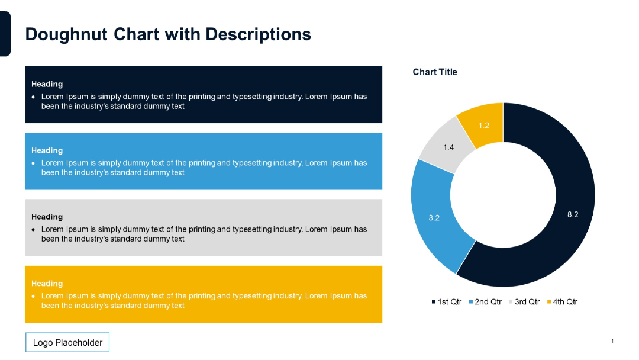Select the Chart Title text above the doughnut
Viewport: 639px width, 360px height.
pyautogui.click(x=435, y=72)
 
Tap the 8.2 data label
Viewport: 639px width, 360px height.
pyautogui.click(x=572, y=215)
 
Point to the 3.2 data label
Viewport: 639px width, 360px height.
pyautogui.click(x=434, y=218)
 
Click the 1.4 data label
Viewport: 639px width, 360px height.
pyautogui.click(x=448, y=147)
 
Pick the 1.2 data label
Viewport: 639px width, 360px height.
pyautogui.click(x=484, y=126)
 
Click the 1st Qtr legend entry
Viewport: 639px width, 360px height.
pyautogui.click(x=447, y=302)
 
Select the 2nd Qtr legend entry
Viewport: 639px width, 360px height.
pyautogui.click(x=486, y=302)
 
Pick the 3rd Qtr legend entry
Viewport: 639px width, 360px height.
pyautogui.click(x=525, y=302)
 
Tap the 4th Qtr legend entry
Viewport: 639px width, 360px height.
pyautogui.click(x=563, y=302)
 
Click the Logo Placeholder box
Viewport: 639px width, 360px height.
pyautogui.click(x=67, y=343)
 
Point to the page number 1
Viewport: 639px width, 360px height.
pyautogui.click(x=612, y=341)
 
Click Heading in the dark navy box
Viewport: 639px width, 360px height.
pyautogui.click(x=47, y=84)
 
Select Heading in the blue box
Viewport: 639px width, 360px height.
pyautogui.click(x=47, y=150)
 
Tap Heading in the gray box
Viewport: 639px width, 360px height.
pyautogui.click(x=47, y=217)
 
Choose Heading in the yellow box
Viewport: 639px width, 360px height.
pyautogui.click(x=47, y=284)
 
